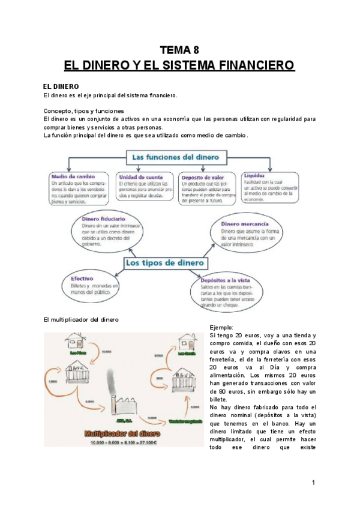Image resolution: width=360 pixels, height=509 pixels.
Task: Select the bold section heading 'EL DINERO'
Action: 62,86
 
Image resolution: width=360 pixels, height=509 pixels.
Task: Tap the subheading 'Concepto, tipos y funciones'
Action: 83,111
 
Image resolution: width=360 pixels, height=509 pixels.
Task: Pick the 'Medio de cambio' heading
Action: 72,176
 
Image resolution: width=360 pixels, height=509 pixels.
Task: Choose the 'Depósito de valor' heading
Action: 204,177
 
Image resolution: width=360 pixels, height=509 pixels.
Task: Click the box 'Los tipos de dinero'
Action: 165,263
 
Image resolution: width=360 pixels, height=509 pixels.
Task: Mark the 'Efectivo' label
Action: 82,279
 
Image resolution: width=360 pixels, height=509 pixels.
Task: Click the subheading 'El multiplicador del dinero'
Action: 81,319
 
